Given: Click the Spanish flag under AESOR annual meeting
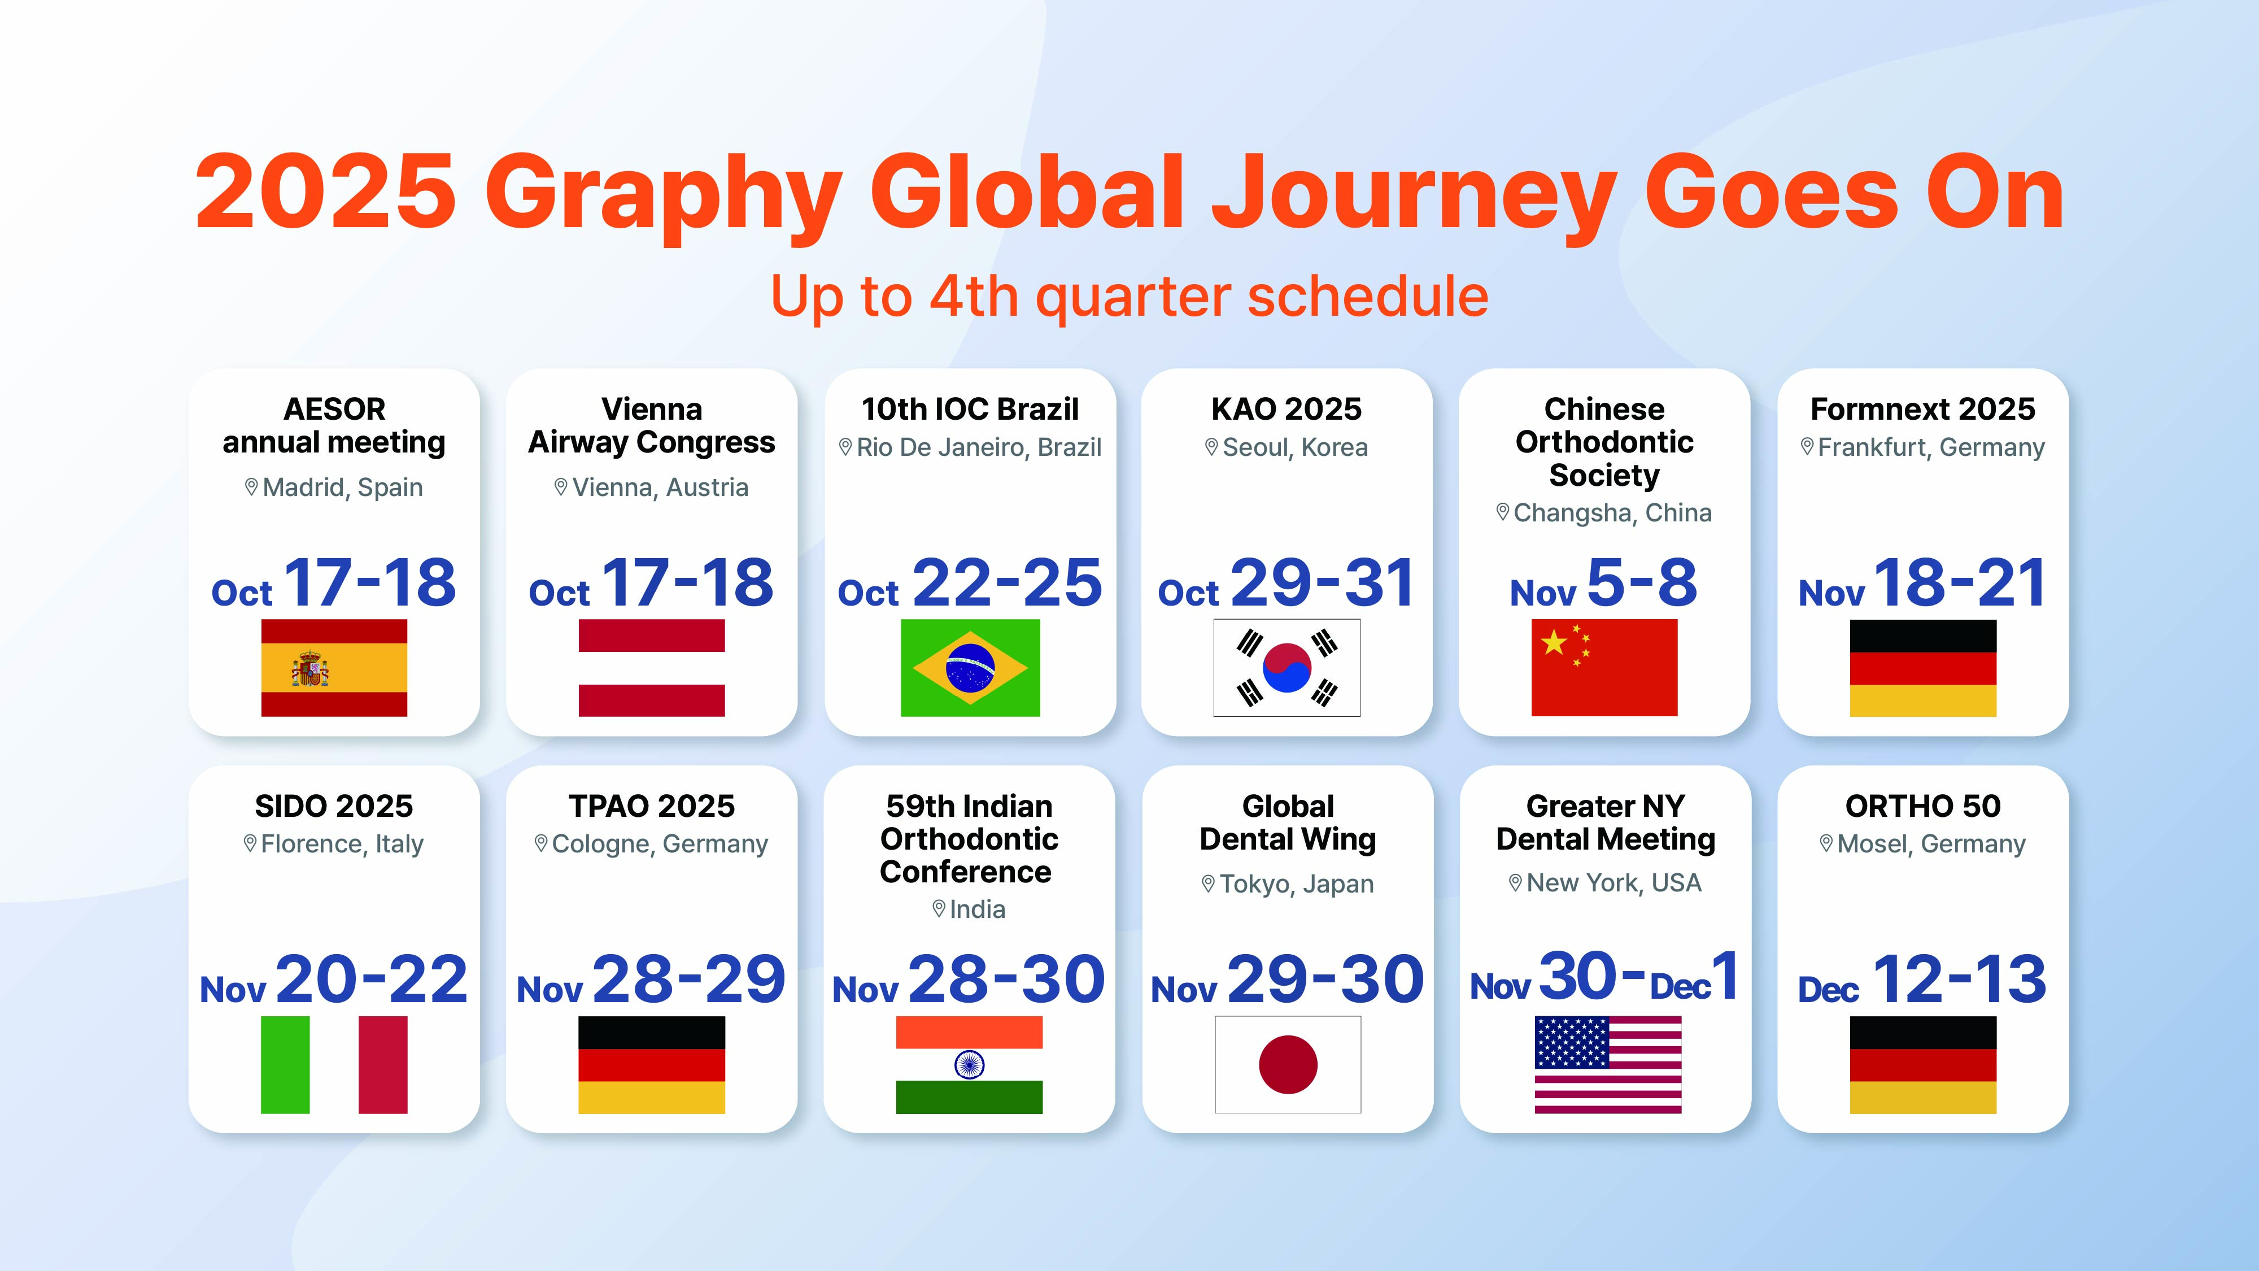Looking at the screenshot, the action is [334, 668].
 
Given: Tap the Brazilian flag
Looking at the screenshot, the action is [970, 668].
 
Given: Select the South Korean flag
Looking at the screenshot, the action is [1287, 668].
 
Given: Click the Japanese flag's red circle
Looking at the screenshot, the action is [1288, 1065].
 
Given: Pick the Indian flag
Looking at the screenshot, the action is [969, 1065].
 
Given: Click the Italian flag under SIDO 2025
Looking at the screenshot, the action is [334, 1065].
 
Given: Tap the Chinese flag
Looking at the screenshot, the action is [1604, 668].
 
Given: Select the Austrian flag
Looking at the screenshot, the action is [652, 668].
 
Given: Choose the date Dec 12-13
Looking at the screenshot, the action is [1922, 980].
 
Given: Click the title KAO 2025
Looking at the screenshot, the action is [1287, 409].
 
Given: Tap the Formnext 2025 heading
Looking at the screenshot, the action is [1922, 409].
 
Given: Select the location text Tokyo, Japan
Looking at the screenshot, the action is [1296, 884].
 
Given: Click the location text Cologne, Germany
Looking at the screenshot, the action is [660, 844].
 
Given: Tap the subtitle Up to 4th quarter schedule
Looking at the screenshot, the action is [1129, 297].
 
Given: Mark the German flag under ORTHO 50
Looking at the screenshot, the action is [1923, 1065].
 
